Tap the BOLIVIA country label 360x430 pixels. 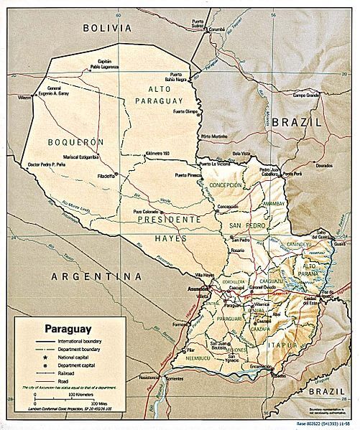tap(107, 27)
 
